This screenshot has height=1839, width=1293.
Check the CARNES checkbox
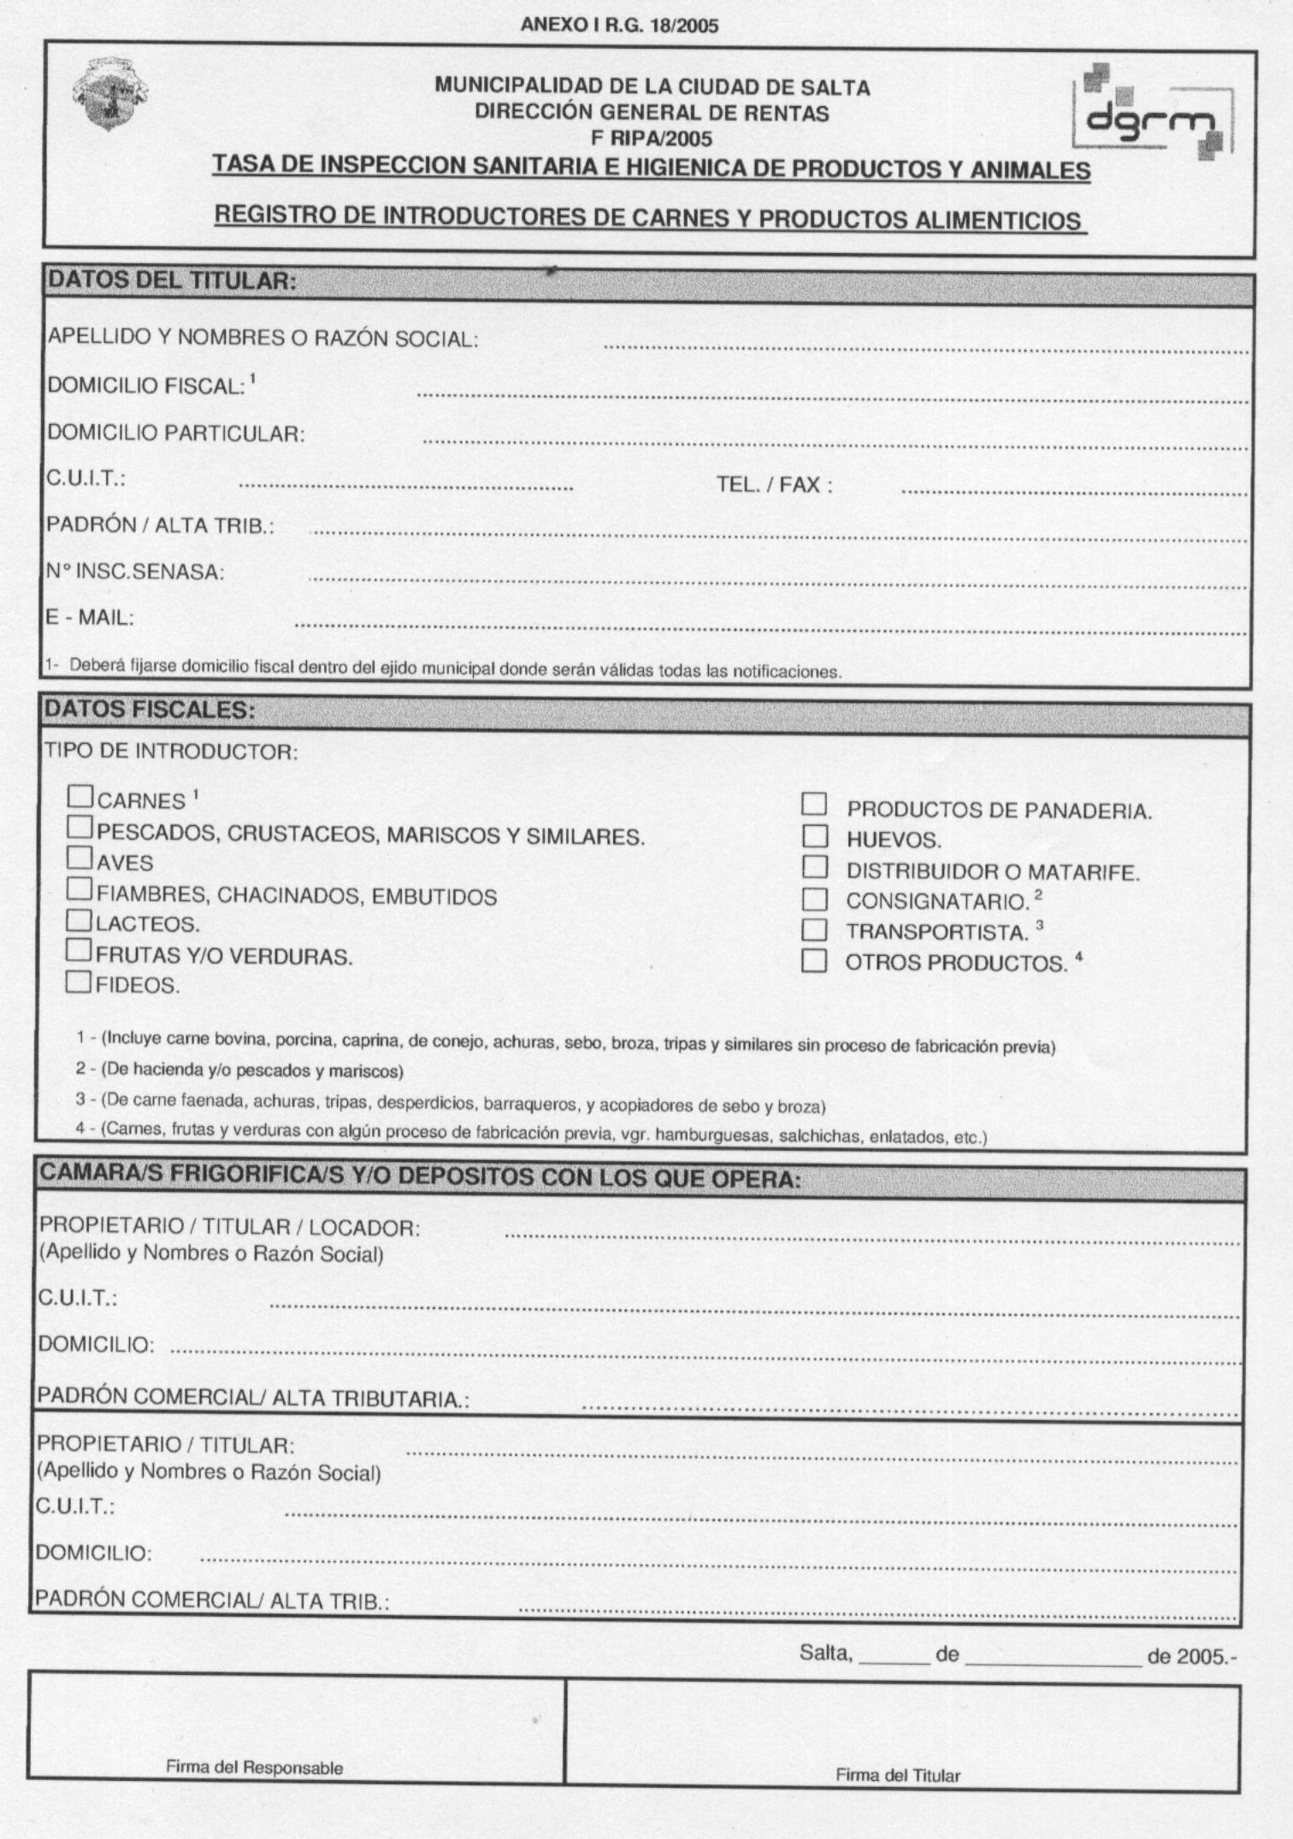pyautogui.click(x=80, y=797)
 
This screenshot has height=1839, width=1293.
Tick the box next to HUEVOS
pyautogui.click(x=814, y=835)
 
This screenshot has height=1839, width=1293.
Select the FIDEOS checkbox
pyautogui.click(x=78, y=981)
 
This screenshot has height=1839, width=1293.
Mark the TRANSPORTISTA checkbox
pyautogui.click(x=814, y=929)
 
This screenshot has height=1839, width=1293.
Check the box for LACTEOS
pyautogui.click(x=79, y=920)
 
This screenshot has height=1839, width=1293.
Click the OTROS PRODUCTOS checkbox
pyautogui.click(x=814, y=961)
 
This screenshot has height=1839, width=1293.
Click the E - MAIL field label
pyautogui.click(x=90, y=616)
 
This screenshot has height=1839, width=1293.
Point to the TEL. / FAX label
pyautogui.click(x=774, y=485)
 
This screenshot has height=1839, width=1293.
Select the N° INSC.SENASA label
pyautogui.click(x=135, y=571)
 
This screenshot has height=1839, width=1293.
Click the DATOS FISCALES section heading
pyautogui.click(x=150, y=709)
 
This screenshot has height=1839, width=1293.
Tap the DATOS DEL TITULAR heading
pyautogui.click(x=172, y=280)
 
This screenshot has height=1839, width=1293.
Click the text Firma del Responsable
pyautogui.click(x=254, y=1767)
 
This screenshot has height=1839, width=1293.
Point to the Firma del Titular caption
pyautogui.click(x=897, y=1775)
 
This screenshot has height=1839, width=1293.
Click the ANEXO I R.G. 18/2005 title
pyautogui.click(x=619, y=26)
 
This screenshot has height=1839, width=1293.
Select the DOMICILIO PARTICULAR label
pyautogui.click(x=176, y=433)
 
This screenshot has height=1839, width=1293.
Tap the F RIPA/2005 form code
pyautogui.click(x=652, y=138)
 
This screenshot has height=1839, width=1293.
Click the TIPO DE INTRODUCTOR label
pyautogui.click(x=171, y=752)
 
